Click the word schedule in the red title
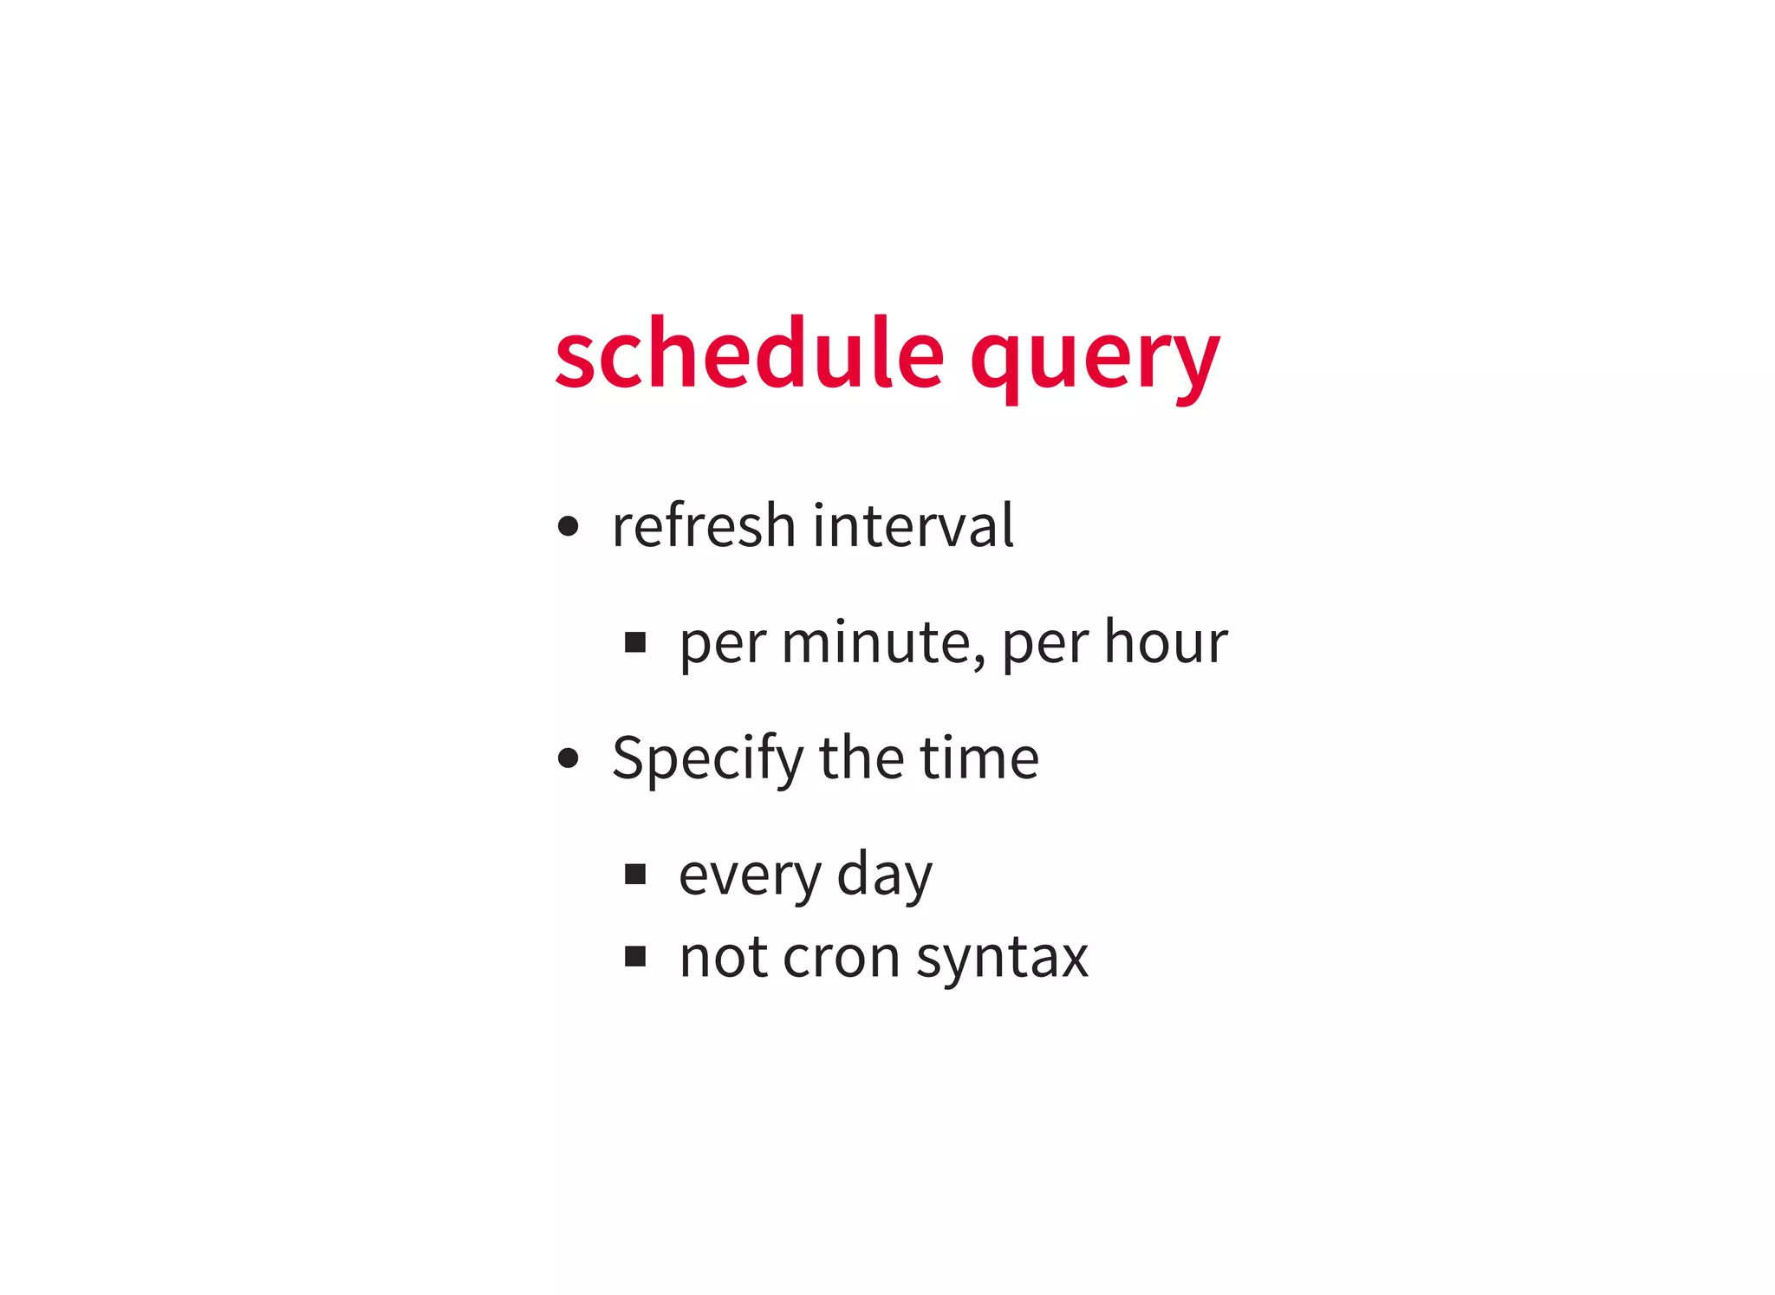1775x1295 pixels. click(750, 354)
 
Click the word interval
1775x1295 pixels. click(913, 525)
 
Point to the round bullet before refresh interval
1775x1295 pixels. click(568, 526)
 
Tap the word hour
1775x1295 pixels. click(1166, 642)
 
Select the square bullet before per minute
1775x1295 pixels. click(635, 642)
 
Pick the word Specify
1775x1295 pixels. click(708, 758)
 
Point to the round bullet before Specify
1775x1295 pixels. click(568, 758)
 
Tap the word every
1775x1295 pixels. click(749, 875)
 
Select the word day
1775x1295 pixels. click(885, 875)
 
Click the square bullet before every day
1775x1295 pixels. click(635, 874)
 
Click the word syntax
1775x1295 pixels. click(1002, 958)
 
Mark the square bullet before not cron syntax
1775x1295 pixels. click(635, 956)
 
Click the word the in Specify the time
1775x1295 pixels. click(861, 758)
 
